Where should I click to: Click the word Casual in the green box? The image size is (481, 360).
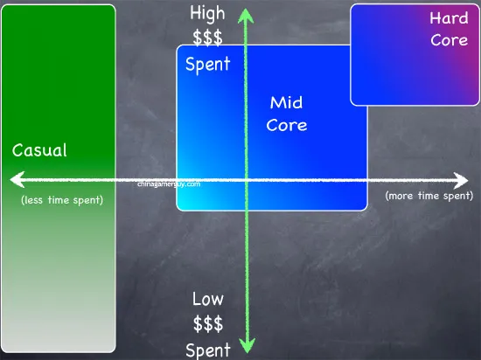pos(39,150)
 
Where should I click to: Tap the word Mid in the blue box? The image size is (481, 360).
pos(286,102)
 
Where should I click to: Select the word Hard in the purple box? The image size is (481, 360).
pos(449,17)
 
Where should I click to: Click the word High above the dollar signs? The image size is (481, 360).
pos(207,14)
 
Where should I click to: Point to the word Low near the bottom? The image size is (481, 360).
pos(208,299)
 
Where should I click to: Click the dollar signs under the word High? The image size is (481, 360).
pos(207,38)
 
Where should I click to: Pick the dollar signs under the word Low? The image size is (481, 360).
pos(208,324)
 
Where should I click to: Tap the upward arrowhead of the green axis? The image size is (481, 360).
pos(246,16)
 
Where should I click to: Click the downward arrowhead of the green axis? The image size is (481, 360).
pos(247,345)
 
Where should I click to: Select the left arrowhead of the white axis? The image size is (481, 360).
pos(17,179)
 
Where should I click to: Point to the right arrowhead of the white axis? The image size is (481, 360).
pos(461,181)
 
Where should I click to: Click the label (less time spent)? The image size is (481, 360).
pos(62,200)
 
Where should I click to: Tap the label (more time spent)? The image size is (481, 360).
pos(429,196)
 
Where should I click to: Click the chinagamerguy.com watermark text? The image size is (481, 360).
pos(169,184)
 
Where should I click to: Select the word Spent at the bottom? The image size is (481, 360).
pos(208,350)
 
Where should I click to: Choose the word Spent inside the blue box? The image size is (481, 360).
pos(207,64)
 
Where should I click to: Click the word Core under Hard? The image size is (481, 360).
pos(450,40)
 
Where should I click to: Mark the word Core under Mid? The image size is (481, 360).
pos(287,125)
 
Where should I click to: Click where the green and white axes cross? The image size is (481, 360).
pos(247,180)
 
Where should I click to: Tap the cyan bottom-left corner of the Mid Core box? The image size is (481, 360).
pos(178,209)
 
